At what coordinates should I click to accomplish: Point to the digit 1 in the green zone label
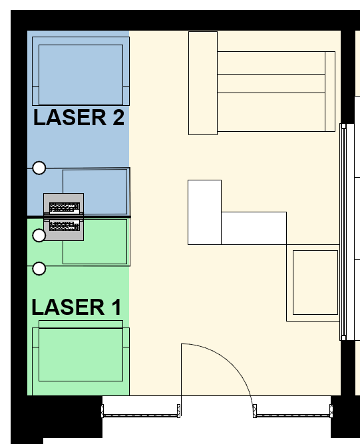[x=116, y=308]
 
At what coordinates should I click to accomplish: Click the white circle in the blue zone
[x=39, y=168]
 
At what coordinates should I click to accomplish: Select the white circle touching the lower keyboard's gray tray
[x=39, y=235]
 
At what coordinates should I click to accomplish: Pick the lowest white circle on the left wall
[x=39, y=268]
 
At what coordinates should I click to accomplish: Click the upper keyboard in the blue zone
[x=65, y=208]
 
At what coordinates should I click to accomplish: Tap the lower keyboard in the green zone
[x=65, y=226]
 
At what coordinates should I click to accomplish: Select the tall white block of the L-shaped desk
[x=205, y=212]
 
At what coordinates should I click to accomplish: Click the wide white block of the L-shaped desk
[x=254, y=228]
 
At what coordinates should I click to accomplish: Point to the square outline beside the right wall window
[x=315, y=282]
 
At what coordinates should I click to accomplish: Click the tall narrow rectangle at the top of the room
[x=203, y=83]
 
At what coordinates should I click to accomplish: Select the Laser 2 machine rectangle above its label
[x=81, y=71]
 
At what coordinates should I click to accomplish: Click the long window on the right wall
[x=343, y=232]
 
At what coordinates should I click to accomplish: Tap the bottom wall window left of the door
[x=141, y=411]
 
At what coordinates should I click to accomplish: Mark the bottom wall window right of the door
[x=293, y=411]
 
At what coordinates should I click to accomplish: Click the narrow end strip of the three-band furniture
[x=330, y=91]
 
